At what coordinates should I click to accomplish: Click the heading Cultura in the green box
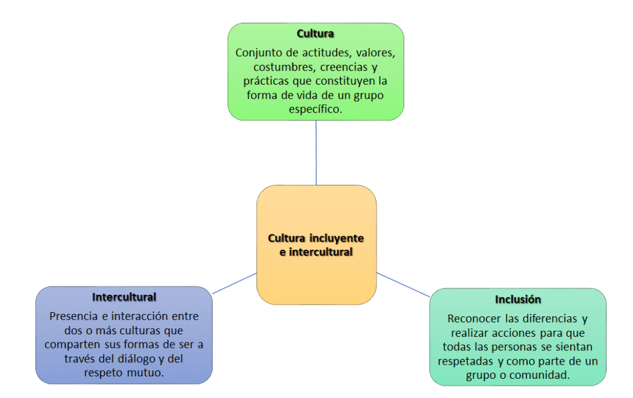pos(315,33)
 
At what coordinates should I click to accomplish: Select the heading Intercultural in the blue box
pos(124,297)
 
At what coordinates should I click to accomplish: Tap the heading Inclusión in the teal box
pos(517,299)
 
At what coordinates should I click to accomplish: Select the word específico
pos(315,109)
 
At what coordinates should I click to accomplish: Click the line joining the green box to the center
pos(316,152)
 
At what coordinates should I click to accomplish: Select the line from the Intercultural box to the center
pos(234,283)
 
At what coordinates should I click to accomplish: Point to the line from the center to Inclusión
pos(403,285)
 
